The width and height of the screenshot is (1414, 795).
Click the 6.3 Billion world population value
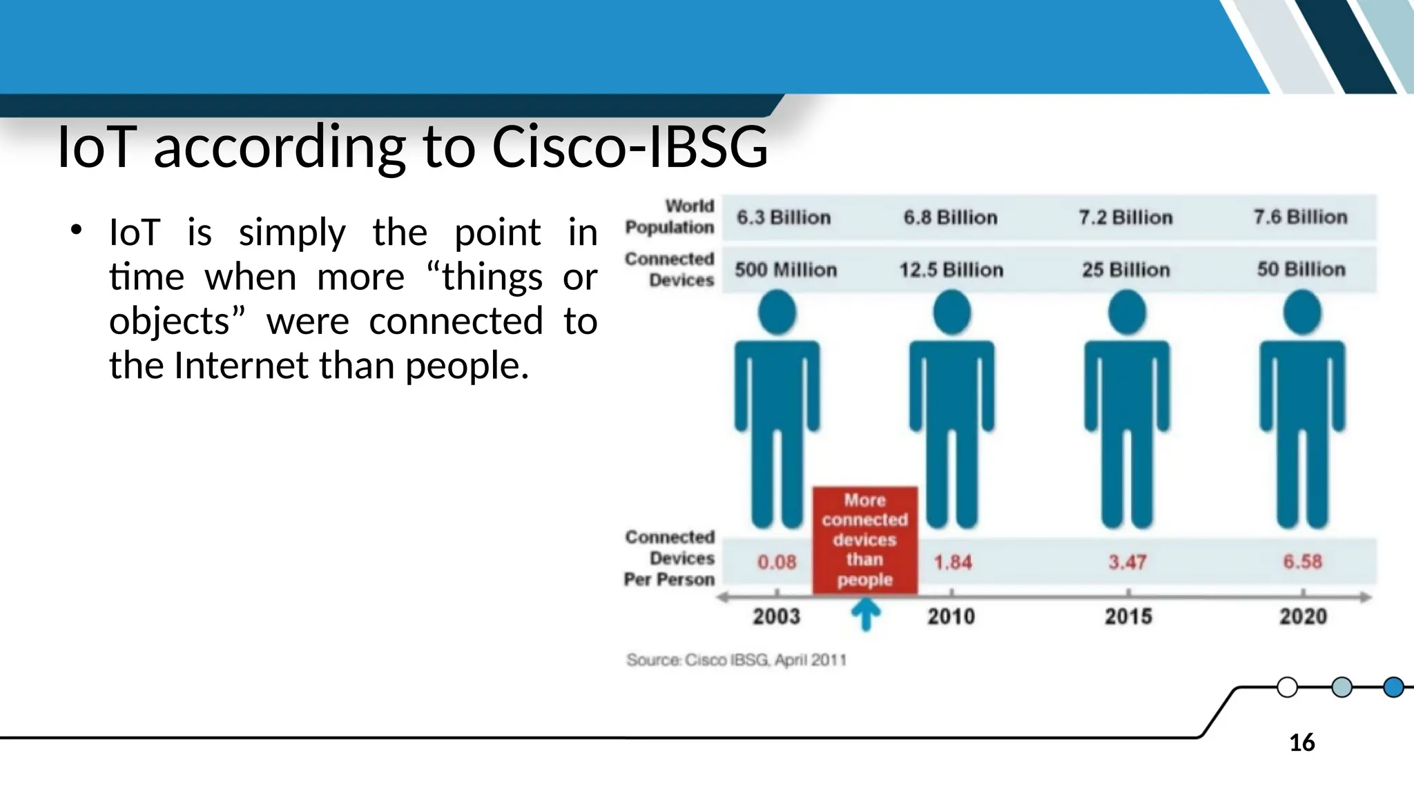coord(783,217)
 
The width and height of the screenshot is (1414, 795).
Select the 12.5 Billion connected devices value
coord(951,270)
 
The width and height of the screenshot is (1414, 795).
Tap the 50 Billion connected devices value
coord(1301,269)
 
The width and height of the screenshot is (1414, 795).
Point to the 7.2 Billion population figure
coord(1125,217)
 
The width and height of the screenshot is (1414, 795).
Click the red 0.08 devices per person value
coord(777,562)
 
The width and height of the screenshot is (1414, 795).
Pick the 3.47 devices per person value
coord(1127,562)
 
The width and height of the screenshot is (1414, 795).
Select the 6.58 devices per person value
coord(1302,562)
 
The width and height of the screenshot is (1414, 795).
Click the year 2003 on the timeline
coord(776,616)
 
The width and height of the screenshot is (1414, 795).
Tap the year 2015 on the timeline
coord(1128,616)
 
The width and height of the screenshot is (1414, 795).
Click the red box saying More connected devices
coord(864,540)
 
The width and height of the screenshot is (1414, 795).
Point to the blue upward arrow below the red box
coord(865,614)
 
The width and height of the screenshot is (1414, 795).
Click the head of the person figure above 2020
coord(1302,313)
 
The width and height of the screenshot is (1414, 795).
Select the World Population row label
coord(670,216)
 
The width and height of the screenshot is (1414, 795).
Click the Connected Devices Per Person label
coord(670,558)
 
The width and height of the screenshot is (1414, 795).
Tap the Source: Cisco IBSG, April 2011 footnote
coord(736,660)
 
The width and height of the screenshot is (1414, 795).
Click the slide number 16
coord(1301,743)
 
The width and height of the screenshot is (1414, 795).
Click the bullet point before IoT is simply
coord(76,230)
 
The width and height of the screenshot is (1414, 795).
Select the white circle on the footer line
coord(1287,687)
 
